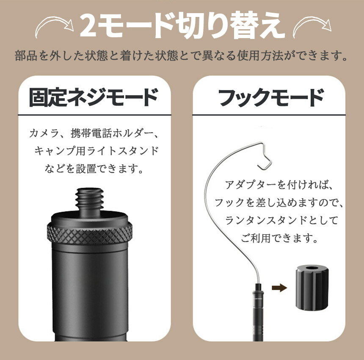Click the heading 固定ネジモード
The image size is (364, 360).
(94, 97)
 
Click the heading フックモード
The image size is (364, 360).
(271, 97)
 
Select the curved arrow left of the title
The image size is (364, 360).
(54, 24)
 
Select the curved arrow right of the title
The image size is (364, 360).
(312, 24)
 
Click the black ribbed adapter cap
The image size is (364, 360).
(312, 288)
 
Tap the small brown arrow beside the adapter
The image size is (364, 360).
(279, 288)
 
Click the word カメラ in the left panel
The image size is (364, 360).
(44, 133)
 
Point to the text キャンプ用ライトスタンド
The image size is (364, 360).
(97, 151)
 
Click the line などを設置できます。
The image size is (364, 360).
(94, 169)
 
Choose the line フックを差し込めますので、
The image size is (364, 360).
(279, 202)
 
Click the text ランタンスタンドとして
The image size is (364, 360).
(281, 220)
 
